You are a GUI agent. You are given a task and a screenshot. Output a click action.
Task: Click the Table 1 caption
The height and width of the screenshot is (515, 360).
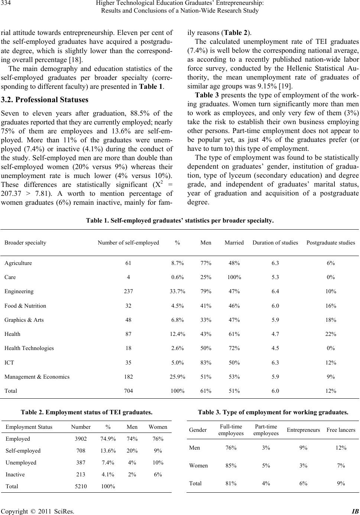click(x=180, y=221)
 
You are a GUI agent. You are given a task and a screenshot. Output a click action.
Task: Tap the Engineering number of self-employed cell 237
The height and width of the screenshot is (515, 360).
click(x=128, y=292)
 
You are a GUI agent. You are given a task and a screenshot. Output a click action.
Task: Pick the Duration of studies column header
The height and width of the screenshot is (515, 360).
click(x=275, y=243)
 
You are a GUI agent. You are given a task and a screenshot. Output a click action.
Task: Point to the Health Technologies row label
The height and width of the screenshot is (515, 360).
click(x=29, y=348)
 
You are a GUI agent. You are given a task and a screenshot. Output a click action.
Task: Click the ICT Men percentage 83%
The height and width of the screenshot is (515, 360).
click(x=206, y=362)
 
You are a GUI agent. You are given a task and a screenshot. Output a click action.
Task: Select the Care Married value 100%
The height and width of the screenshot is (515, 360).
click(x=234, y=278)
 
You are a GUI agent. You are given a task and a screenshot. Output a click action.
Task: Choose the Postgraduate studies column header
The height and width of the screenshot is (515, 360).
click(x=331, y=243)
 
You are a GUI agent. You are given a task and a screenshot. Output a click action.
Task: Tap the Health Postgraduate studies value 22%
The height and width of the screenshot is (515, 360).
click(x=331, y=334)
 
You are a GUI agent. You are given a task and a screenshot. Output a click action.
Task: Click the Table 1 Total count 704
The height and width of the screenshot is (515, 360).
click(x=128, y=391)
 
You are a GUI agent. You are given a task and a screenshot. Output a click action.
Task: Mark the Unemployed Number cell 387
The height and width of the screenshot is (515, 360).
click(x=81, y=463)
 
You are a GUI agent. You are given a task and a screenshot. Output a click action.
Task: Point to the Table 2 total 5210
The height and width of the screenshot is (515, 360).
click(x=81, y=486)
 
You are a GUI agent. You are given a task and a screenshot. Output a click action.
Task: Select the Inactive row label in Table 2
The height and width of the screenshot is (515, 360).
click(x=15, y=474)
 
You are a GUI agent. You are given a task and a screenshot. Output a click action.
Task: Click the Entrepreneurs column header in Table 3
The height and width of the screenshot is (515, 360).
click(x=304, y=430)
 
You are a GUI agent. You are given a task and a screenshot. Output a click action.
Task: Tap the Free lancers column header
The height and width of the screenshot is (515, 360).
click(x=341, y=430)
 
